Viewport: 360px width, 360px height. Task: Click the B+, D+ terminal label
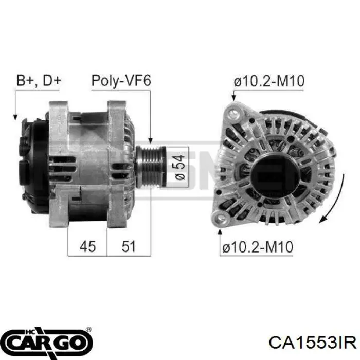[39, 81]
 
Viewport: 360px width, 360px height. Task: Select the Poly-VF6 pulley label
[120, 81]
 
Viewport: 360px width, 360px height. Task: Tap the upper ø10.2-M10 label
[268, 81]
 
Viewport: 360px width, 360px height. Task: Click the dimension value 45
[87, 247]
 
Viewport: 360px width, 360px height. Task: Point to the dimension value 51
[129, 247]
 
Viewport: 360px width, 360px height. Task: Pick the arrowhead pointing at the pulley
[151, 140]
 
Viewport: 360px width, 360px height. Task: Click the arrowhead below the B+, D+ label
[15, 117]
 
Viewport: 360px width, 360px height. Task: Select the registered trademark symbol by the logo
[89, 329]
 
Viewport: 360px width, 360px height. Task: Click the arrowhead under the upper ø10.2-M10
[235, 98]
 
